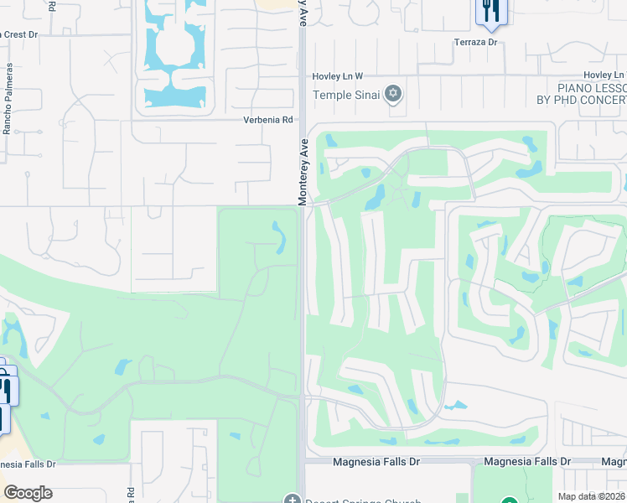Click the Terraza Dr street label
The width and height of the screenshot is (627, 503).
click(x=476, y=41)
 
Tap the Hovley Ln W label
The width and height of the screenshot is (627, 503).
click(x=338, y=75)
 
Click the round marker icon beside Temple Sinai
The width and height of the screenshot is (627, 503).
click(x=394, y=94)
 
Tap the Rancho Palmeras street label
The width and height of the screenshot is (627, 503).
click(x=9, y=99)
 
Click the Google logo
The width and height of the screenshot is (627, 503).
click(x=28, y=493)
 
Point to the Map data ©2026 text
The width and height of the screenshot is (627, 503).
click(x=592, y=496)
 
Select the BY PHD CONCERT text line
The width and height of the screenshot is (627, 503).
click(x=582, y=100)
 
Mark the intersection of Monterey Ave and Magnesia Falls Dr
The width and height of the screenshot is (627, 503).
click(x=302, y=462)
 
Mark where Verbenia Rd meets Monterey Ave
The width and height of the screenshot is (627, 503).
click(x=300, y=119)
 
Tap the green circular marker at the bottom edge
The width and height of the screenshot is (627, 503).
click(x=519, y=498)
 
